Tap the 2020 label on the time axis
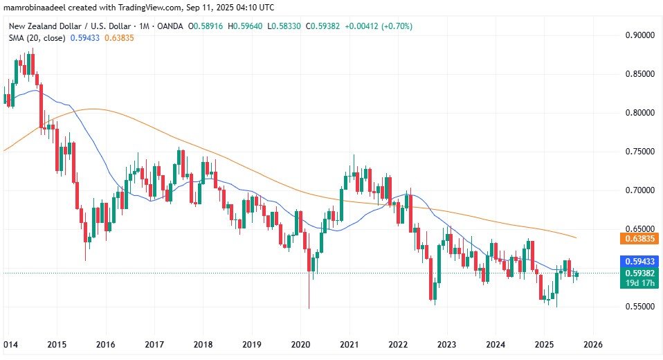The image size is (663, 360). tap(300, 344)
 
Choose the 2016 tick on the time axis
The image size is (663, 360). tap(105, 344)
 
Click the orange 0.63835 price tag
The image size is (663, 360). tap(637, 239)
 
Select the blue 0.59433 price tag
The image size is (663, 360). tap(637, 262)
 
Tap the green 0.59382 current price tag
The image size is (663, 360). tap(637, 273)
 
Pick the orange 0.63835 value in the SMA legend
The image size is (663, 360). tap(119, 38)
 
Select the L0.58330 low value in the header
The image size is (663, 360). tap(286, 26)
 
